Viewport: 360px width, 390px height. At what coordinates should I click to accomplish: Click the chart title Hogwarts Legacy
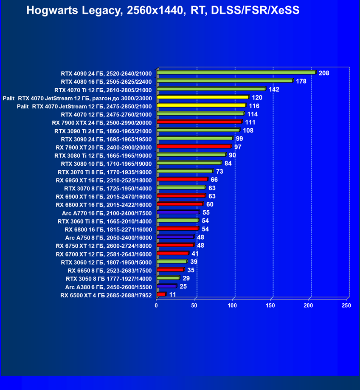(x=163, y=10)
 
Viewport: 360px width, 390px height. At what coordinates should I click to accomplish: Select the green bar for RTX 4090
(x=236, y=73)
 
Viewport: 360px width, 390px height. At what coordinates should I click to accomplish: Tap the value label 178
(x=301, y=81)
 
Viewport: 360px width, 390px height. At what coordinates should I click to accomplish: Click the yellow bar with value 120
(x=202, y=97)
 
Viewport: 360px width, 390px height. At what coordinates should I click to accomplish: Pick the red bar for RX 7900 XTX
(x=199, y=122)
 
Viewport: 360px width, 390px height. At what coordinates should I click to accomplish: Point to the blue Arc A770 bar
(x=178, y=212)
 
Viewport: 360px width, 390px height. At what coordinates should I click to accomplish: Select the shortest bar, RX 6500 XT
(x=161, y=294)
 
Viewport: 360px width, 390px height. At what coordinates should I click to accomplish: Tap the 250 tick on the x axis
(x=346, y=305)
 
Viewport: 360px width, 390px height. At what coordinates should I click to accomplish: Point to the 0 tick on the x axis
(x=156, y=305)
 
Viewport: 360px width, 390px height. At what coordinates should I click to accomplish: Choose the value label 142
(x=274, y=89)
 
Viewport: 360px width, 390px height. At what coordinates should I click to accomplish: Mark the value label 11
(x=172, y=294)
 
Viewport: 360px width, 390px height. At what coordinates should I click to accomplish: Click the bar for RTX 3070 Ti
(x=185, y=171)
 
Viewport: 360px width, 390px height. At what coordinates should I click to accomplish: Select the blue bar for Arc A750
(x=175, y=237)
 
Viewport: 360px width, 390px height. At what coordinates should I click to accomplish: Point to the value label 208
(x=324, y=73)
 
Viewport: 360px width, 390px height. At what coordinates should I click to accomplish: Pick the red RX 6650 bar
(x=170, y=270)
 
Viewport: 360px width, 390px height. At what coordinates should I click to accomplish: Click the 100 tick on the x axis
(x=232, y=305)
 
